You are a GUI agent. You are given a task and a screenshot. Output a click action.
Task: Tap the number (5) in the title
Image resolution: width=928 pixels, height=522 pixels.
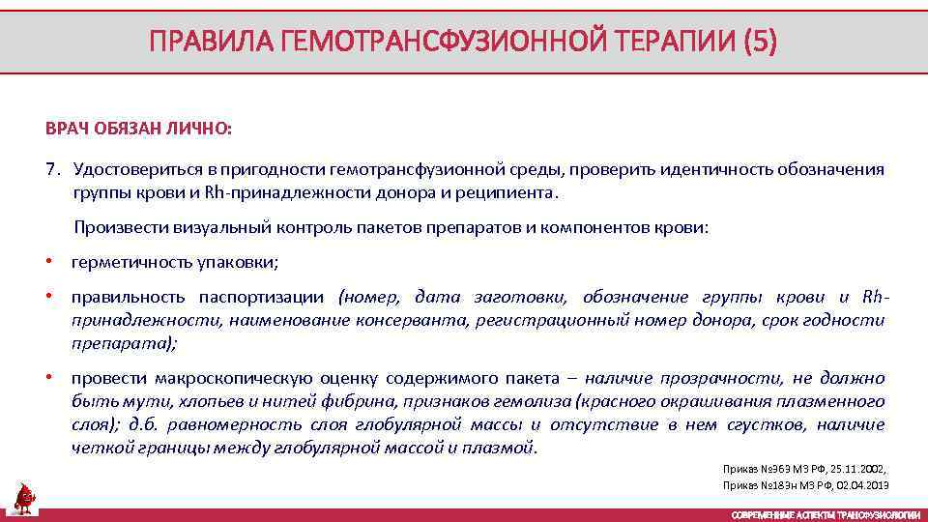point(755,42)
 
